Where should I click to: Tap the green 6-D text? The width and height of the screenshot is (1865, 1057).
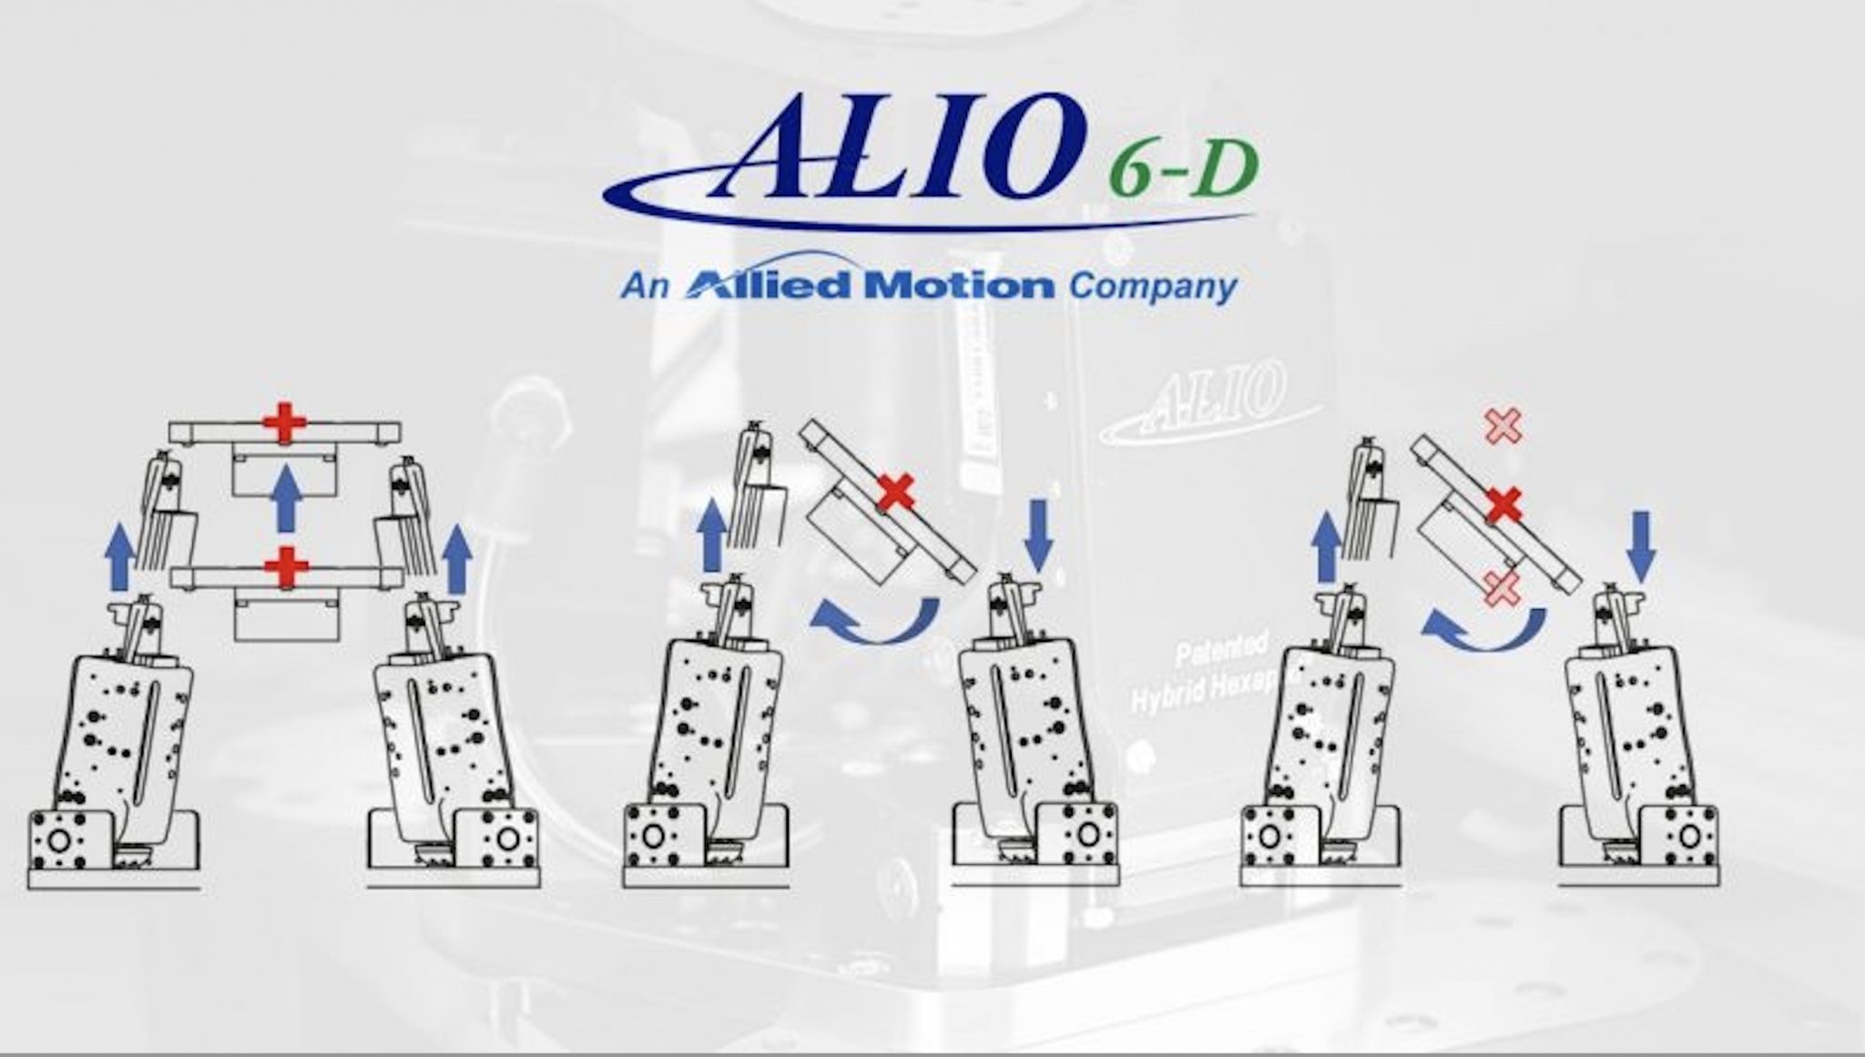coord(1185,170)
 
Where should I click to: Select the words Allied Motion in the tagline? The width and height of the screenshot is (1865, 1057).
coord(870,286)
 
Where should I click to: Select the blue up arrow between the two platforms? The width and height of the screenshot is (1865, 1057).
coord(287,497)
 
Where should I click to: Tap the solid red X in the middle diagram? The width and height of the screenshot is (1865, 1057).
coord(897,493)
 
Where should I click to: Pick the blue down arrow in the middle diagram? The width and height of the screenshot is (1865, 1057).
coord(1038,538)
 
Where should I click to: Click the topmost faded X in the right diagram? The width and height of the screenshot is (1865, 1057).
coord(1503,426)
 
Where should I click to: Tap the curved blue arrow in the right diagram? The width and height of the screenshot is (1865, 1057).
coord(1484,628)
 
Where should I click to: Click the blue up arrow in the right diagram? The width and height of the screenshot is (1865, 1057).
coord(1326,545)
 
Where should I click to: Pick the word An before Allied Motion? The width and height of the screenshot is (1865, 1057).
coord(645,287)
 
